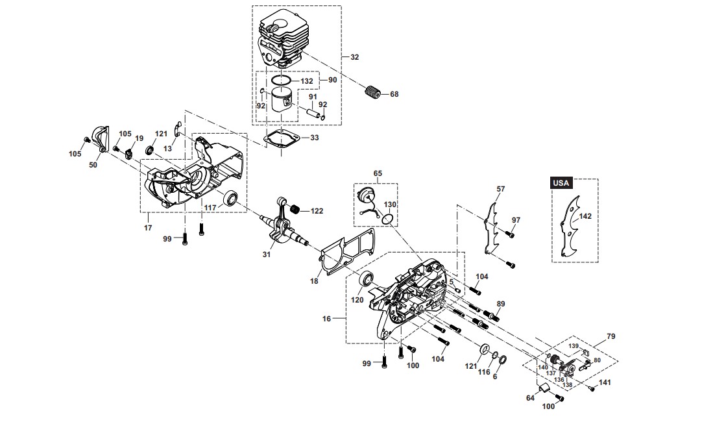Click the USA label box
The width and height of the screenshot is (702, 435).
click(x=561, y=183)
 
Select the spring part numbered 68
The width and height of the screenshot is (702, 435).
click(x=371, y=93)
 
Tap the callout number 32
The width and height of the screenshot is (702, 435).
click(x=355, y=57)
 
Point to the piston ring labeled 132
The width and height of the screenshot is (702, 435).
click(x=282, y=81)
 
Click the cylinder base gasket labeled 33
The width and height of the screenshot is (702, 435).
click(x=281, y=138)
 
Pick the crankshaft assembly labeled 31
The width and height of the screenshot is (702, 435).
click(x=284, y=220)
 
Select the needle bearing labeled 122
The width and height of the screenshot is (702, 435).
click(x=296, y=209)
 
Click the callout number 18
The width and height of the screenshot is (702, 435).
click(x=314, y=281)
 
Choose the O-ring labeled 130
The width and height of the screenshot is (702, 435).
click(x=389, y=219)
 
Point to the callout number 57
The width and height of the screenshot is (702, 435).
click(x=500, y=189)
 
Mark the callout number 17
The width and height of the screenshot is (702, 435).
click(x=148, y=228)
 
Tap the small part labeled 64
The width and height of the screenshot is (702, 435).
click(x=544, y=388)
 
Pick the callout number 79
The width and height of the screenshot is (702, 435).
click(x=611, y=336)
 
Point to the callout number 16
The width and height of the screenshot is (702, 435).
click(x=326, y=319)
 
